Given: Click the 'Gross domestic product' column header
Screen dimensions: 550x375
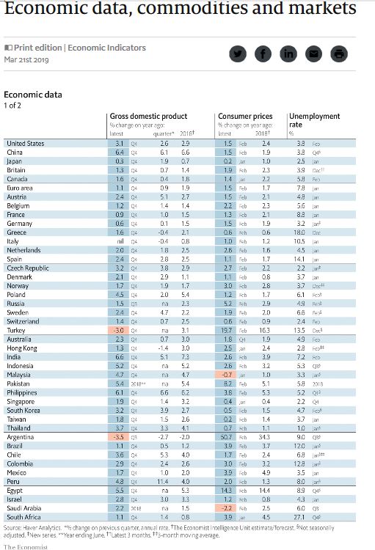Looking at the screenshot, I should click(x=148, y=117).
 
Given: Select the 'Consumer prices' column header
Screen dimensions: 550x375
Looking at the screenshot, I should click(x=245, y=117).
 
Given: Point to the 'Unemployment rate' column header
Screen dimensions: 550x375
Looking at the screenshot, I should click(x=314, y=120).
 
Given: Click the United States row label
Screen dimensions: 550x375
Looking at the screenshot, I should click(x=25, y=144).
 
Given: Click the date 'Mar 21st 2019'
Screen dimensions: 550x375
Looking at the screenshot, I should click(x=27, y=59).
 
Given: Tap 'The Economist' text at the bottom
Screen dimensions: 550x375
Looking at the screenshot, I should click(x=26, y=546).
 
